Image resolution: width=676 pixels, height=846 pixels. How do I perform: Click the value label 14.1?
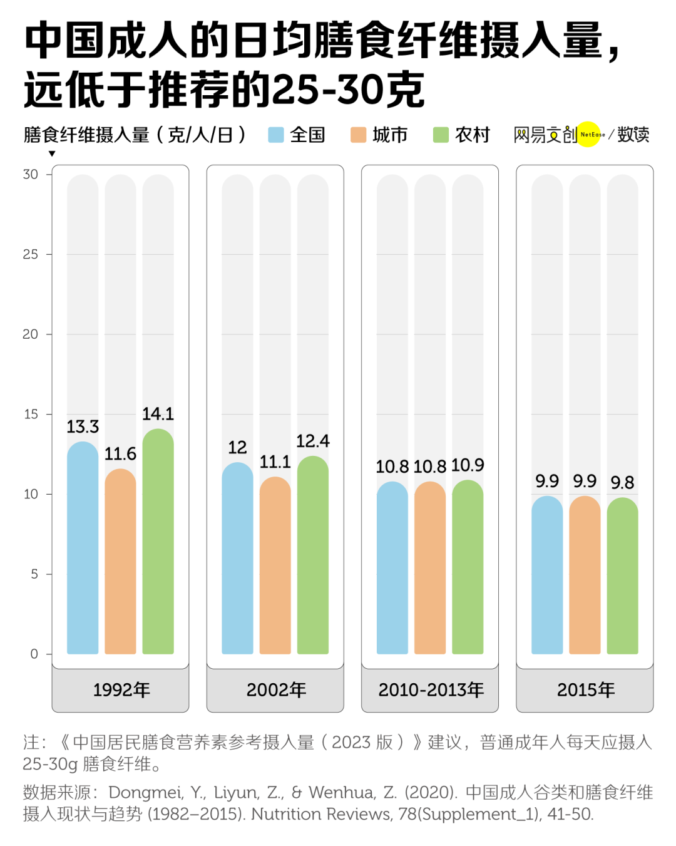[x=158, y=414]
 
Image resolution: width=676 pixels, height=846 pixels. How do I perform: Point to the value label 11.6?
[x=120, y=454]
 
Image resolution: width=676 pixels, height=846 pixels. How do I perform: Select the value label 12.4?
[x=312, y=441]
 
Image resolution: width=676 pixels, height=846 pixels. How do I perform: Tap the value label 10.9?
[x=468, y=465]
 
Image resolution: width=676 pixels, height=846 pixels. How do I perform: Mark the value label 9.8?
[x=622, y=483]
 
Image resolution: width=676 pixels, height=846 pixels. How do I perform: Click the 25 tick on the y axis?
[x=30, y=254]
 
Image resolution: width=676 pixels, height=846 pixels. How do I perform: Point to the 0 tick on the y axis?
[x=34, y=654]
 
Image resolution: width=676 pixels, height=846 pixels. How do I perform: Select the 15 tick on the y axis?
[x=30, y=414]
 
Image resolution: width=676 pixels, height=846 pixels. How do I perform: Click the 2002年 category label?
[x=275, y=690]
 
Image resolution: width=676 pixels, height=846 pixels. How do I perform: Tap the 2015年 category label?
[x=585, y=690]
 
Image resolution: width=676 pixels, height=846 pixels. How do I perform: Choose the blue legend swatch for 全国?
[x=276, y=135]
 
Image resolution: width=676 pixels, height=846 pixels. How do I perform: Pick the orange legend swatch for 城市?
[x=358, y=135]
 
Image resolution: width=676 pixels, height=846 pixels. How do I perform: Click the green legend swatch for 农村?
[x=441, y=135]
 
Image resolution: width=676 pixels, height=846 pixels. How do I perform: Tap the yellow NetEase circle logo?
[x=588, y=134]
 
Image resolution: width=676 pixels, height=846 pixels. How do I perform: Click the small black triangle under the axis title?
[x=52, y=153]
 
